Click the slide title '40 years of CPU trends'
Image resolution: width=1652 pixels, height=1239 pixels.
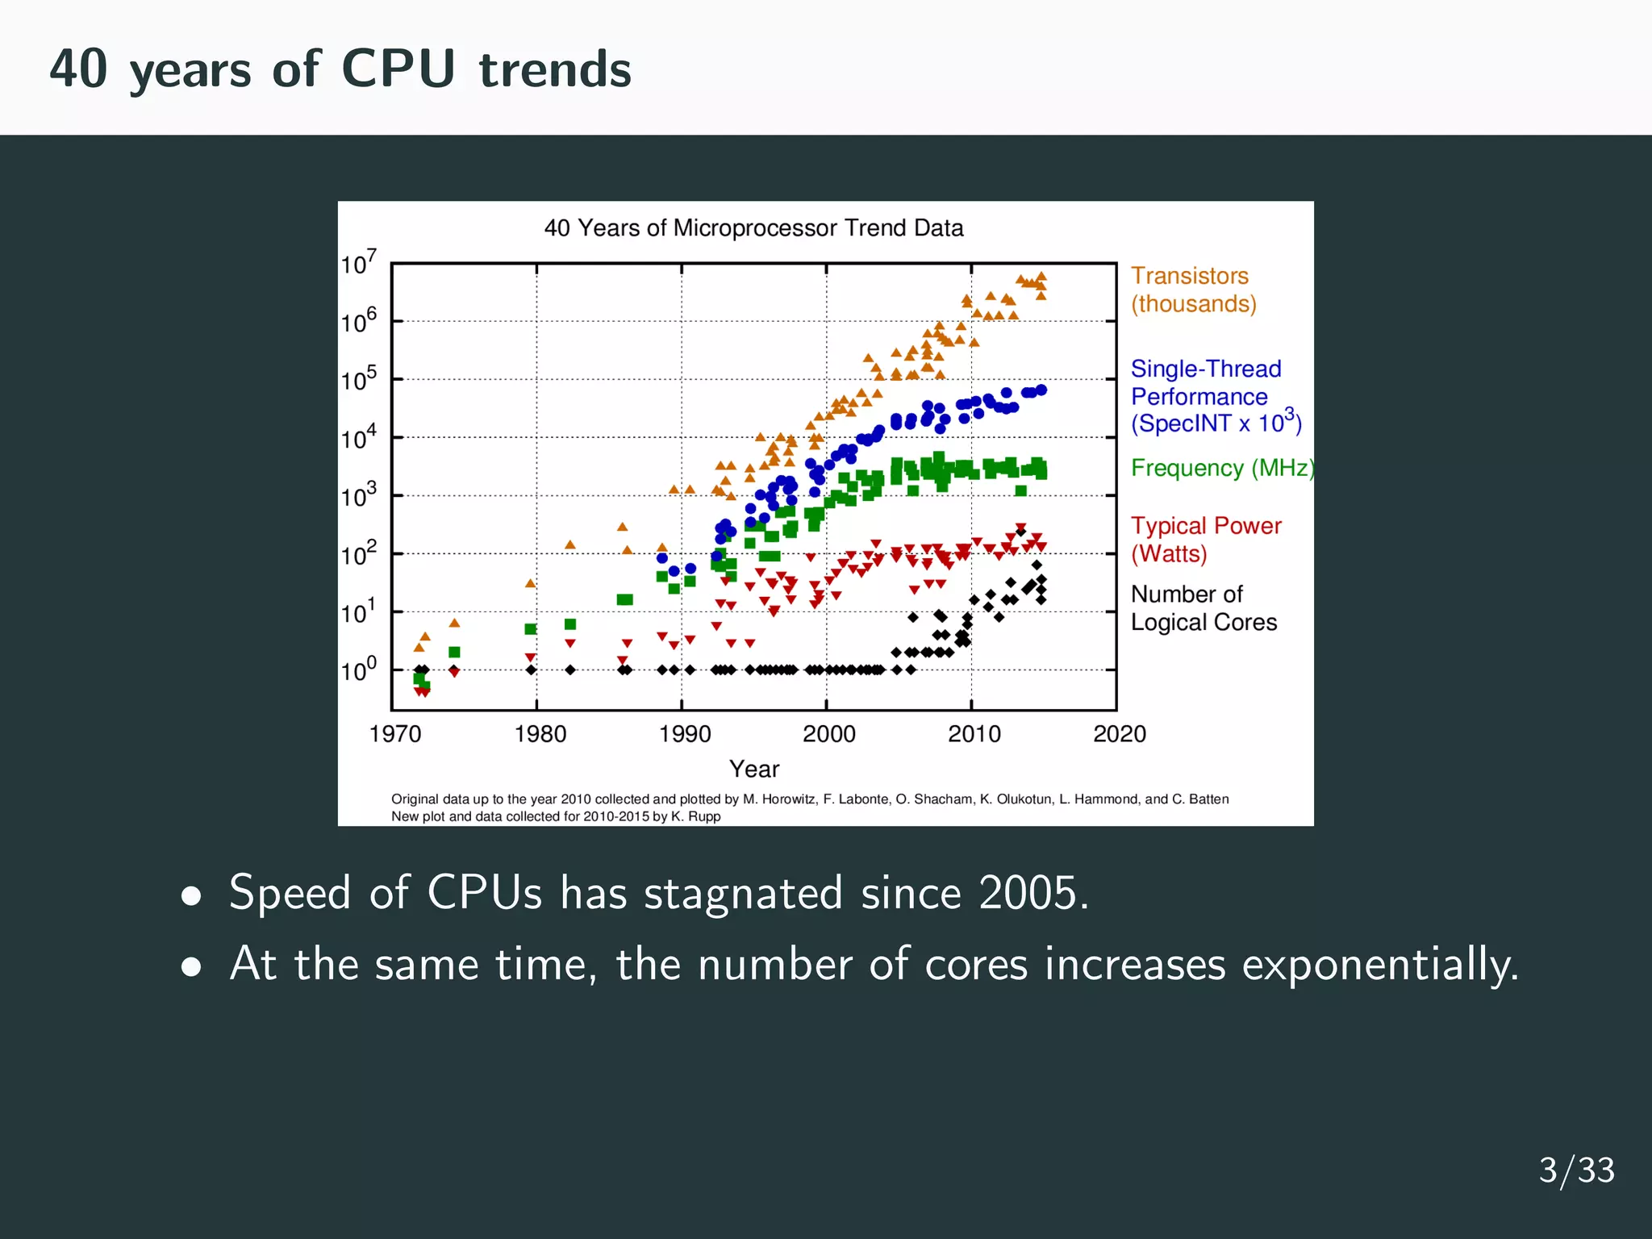point(340,69)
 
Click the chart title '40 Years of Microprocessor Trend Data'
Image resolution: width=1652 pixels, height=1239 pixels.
point(753,228)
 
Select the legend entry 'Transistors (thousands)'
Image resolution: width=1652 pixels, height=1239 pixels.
point(1192,290)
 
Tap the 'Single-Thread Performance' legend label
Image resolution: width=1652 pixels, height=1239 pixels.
point(1206,383)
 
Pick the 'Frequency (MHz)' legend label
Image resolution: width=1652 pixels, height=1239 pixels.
point(1220,468)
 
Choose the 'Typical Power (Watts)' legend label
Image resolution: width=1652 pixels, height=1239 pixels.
point(1205,540)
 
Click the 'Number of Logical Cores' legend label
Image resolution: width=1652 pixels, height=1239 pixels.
point(1203,608)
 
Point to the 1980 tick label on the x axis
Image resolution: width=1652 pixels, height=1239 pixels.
point(540,734)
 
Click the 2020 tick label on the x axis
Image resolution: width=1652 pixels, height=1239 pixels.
point(1119,734)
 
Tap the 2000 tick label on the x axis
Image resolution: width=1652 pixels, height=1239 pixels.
point(828,734)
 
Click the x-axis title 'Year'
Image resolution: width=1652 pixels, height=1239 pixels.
point(754,769)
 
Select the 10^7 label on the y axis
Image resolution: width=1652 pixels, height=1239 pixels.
point(357,263)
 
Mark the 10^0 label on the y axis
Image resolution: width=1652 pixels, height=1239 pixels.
point(357,670)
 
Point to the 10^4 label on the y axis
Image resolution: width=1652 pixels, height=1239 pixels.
point(357,438)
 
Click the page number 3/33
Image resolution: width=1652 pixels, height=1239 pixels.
point(1576,1170)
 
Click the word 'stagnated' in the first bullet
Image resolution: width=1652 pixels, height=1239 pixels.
point(743,894)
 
